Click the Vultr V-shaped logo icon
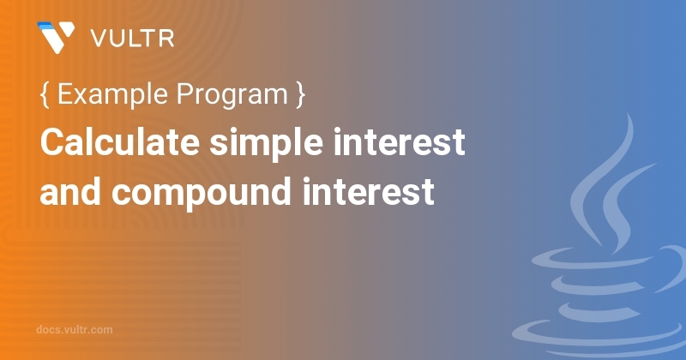[x=56, y=37]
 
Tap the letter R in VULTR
[x=166, y=39]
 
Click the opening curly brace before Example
[x=45, y=94]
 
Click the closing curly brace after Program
[x=300, y=94]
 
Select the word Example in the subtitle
[x=112, y=94]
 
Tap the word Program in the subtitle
[x=232, y=95]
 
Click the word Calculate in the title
[x=120, y=141]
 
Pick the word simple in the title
[x=267, y=143]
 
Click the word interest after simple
[x=399, y=141]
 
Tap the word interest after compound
[x=369, y=191]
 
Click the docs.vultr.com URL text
[x=75, y=330]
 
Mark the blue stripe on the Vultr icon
[x=46, y=26]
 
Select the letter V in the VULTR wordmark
[x=99, y=39]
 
